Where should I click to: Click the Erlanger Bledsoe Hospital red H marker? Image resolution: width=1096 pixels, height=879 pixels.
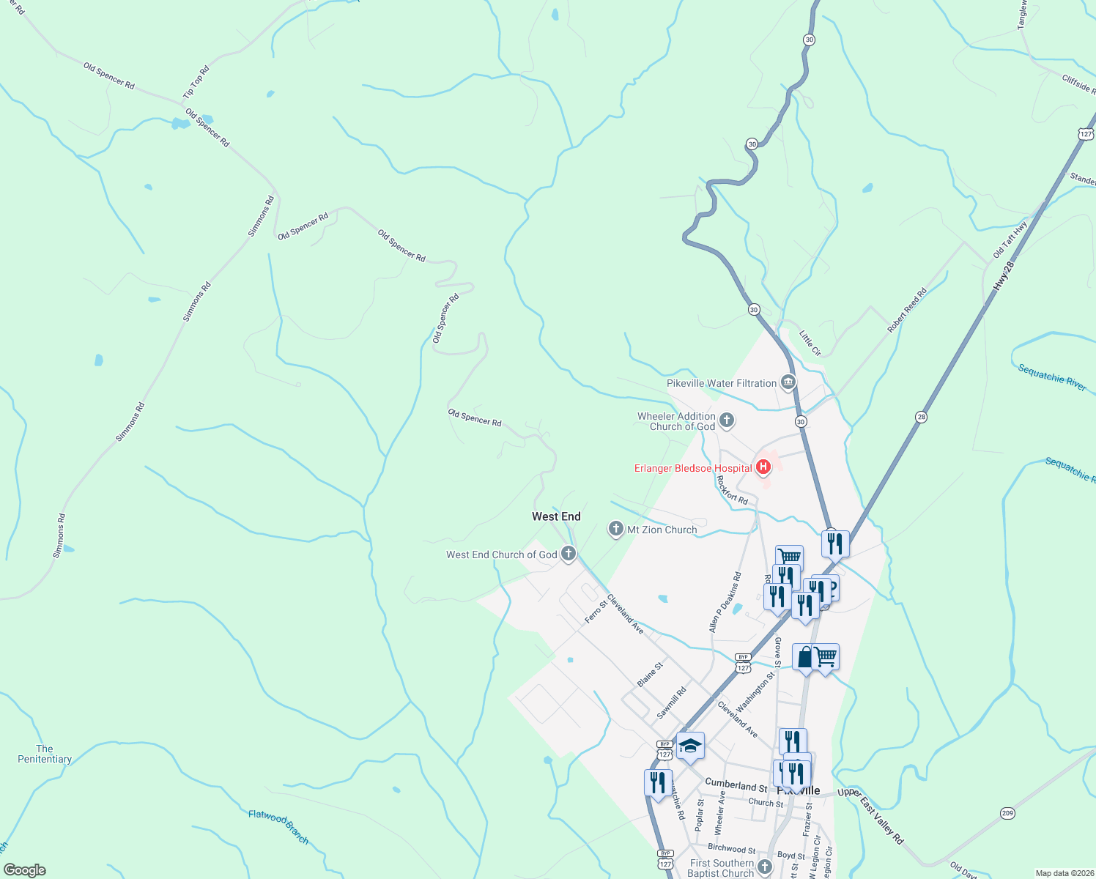[763, 467]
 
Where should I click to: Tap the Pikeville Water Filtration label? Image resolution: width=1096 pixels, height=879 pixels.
[721, 383]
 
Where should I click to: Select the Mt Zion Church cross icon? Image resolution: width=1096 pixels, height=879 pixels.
[616, 529]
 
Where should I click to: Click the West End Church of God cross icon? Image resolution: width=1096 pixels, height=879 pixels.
[568, 554]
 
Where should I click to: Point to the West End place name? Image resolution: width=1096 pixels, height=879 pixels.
[556, 516]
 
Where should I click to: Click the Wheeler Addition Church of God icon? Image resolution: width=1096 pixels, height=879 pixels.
[727, 420]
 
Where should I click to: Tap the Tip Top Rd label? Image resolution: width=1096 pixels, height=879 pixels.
[196, 82]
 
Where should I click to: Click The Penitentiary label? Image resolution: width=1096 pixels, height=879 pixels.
[45, 754]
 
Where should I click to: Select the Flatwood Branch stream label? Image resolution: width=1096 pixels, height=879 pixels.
[278, 826]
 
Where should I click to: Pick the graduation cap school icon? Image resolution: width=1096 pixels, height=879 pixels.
[689, 746]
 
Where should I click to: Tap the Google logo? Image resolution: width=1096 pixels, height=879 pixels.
[25, 870]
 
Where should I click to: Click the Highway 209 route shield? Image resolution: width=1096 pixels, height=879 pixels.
[1007, 813]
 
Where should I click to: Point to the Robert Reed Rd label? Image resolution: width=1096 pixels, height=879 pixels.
[907, 311]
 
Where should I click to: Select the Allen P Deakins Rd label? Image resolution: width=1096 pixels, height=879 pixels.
[725, 602]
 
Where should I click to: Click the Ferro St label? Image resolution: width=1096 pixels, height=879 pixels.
[596, 612]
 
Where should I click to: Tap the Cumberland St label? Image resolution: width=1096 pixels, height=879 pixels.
[736, 785]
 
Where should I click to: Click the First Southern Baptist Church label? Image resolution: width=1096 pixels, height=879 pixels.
[721, 868]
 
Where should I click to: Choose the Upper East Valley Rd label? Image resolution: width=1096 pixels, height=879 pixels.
[871, 815]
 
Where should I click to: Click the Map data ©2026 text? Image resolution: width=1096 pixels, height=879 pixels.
[1063, 873]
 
